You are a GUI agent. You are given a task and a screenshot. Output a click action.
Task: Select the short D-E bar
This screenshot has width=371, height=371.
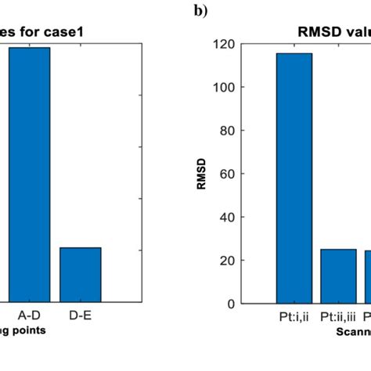click(81, 275)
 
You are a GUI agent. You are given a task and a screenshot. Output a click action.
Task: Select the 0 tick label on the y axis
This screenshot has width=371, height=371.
click(239, 304)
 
